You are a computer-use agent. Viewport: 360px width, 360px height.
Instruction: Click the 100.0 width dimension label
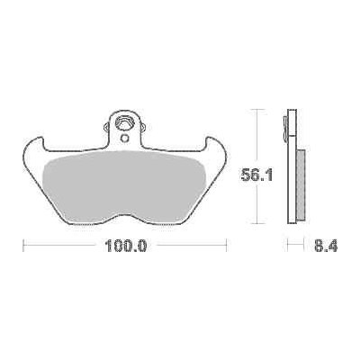point(125,246)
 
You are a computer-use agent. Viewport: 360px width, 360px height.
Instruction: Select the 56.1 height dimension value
point(257,175)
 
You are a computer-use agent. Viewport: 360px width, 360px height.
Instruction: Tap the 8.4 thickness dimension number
point(327,246)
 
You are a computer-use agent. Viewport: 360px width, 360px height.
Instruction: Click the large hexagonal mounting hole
point(124,123)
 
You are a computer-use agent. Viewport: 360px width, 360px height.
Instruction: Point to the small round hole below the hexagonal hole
point(124,139)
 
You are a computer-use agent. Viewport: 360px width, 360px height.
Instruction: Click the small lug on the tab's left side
point(106,127)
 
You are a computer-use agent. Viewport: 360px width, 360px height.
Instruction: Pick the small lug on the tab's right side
point(143,127)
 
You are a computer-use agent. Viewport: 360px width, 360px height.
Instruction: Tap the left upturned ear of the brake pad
point(33,147)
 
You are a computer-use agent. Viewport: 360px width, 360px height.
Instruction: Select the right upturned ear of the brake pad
point(216,147)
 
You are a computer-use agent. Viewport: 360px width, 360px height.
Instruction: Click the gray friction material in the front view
point(124,186)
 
